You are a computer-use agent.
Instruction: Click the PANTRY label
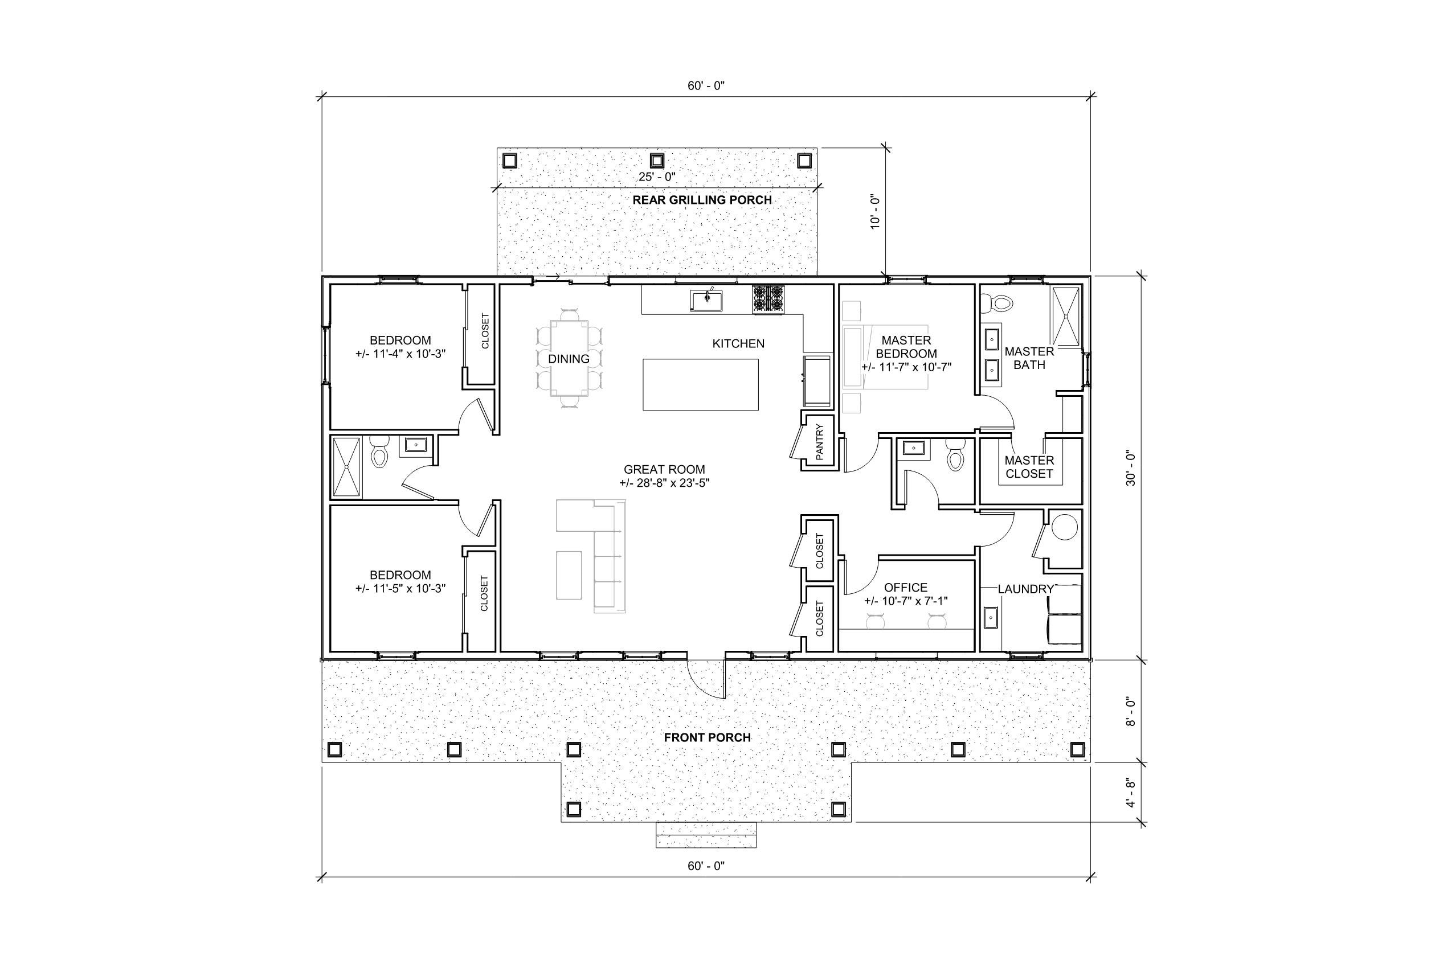pos(819,441)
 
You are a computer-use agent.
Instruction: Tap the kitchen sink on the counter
pos(707,300)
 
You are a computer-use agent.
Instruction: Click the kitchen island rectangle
pos(700,384)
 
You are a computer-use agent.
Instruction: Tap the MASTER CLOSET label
pos(1029,467)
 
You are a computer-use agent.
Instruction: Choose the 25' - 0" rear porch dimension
pos(657,178)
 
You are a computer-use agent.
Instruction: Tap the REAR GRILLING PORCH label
pos(701,200)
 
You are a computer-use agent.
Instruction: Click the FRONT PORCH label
pos(707,738)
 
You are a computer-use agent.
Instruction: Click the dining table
pos(569,359)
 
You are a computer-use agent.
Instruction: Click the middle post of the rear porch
pos(656,161)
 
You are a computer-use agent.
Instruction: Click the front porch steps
pos(706,835)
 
